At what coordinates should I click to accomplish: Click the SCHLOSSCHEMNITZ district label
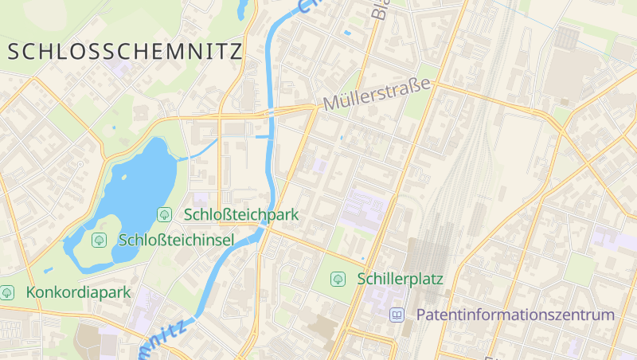124,53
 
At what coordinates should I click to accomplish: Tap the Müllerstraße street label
377,94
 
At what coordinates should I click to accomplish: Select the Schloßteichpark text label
240,214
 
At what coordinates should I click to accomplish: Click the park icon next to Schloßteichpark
165,214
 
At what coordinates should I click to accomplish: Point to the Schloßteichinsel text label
175,240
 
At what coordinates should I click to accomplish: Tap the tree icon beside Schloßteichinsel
100,240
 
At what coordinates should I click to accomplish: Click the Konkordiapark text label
78,292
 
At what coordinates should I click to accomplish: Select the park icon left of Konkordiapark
8,292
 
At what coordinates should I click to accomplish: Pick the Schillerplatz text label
400,279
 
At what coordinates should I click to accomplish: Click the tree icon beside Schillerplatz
338,279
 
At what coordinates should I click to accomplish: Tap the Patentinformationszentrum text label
515,315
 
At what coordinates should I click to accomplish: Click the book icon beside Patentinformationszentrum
397,315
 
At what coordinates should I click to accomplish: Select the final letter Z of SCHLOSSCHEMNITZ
234,53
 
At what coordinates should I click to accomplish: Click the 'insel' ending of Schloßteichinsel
217,240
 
